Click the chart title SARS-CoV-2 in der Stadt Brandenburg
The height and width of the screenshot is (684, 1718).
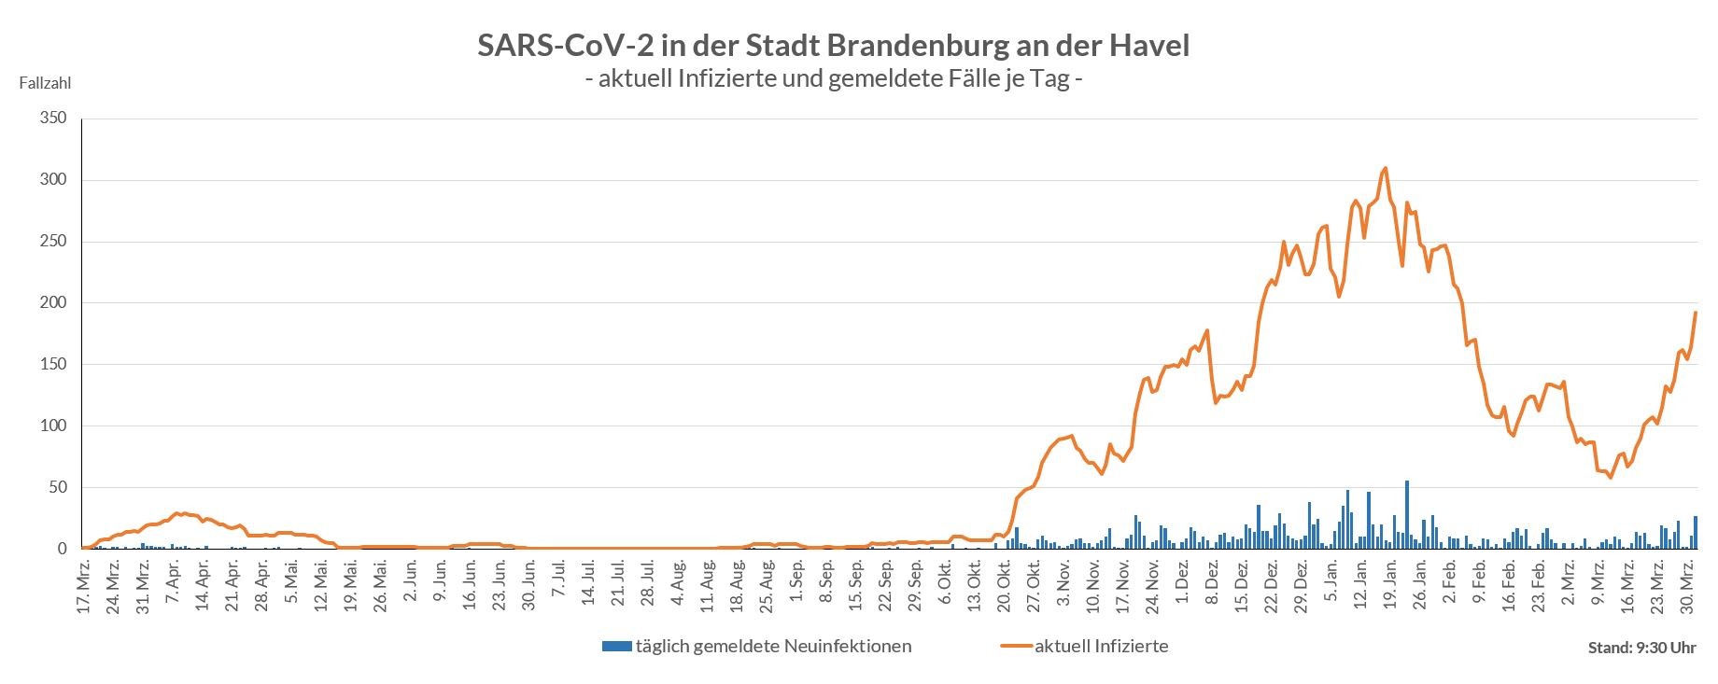click(833, 46)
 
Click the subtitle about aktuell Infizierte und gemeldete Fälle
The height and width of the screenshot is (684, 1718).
click(833, 79)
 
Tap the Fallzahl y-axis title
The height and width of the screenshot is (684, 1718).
click(45, 83)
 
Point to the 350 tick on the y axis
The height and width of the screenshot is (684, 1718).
click(53, 119)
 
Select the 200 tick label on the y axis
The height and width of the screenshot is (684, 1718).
click(53, 303)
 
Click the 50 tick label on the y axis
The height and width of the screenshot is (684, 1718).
click(57, 488)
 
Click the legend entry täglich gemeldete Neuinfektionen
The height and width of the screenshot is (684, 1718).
click(757, 646)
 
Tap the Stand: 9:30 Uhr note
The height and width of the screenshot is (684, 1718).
click(1641, 648)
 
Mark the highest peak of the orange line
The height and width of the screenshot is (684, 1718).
click(1385, 169)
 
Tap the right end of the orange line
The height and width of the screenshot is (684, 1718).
click(1696, 313)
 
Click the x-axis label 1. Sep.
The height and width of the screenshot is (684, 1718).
click(796, 586)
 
